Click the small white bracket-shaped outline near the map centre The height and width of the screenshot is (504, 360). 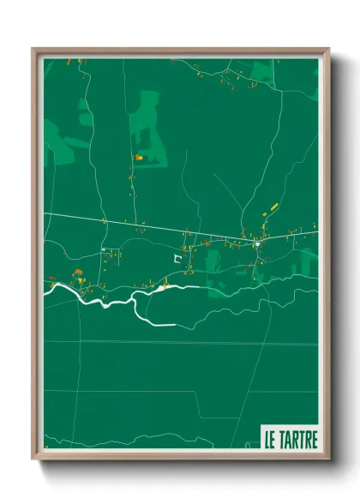coord(178,256)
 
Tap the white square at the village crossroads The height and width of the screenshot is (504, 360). coord(256,245)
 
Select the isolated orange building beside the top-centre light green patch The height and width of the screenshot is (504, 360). coord(138,158)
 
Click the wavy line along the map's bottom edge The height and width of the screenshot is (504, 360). coord(171,444)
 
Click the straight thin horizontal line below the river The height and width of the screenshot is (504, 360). coord(171,343)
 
